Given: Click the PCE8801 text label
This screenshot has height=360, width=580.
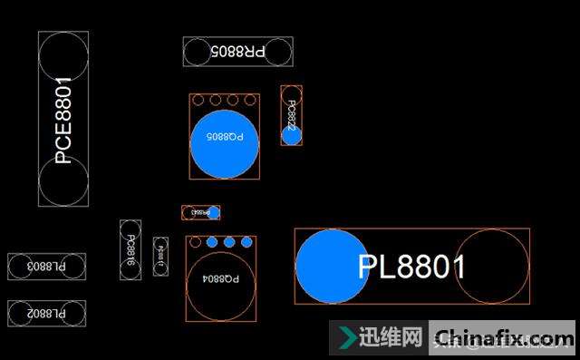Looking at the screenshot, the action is [63, 120].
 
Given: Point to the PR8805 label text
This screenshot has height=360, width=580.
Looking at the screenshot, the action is [237, 52].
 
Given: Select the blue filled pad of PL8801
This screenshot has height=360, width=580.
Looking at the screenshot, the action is [332, 267].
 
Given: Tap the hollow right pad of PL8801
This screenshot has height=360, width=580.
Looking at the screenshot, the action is [491, 267].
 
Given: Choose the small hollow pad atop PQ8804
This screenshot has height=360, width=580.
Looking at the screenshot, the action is [195, 242].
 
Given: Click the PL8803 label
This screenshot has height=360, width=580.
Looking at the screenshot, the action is [46, 267].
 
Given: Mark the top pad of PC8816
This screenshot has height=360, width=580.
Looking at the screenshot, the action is [130, 229].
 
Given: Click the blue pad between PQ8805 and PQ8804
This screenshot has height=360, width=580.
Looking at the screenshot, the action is [214, 212].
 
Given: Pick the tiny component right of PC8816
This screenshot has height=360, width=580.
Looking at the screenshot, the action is [160, 256].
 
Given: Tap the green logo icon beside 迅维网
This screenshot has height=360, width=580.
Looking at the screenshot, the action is [345, 338].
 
